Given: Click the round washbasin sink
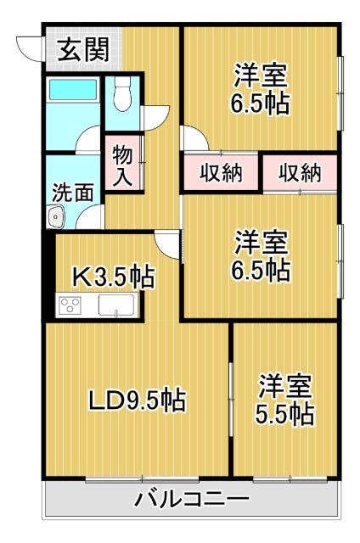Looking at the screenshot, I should tap(58, 217).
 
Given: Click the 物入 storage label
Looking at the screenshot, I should tap(122, 165).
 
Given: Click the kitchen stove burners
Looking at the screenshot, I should tap(72, 305).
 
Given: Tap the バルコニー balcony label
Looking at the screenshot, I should tap(192, 499).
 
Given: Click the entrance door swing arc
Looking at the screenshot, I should tap(31, 49).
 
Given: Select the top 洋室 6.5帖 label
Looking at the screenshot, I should tap(262, 90).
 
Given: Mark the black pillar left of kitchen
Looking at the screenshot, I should tap(49, 276).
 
